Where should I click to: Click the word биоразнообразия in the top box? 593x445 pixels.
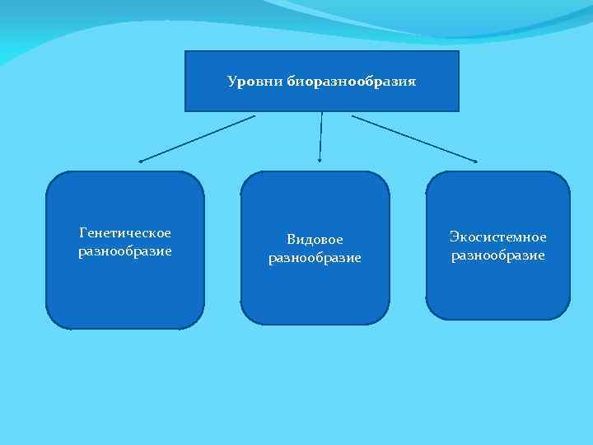[x=352, y=82]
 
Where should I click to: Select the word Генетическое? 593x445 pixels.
[x=125, y=233]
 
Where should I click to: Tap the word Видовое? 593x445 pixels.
[x=315, y=239]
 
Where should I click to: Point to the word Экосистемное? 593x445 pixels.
[x=497, y=237]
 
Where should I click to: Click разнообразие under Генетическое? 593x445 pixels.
[x=125, y=251]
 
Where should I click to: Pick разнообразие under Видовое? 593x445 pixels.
[x=315, y=258]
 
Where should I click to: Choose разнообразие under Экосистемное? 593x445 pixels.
[x=497, y=255]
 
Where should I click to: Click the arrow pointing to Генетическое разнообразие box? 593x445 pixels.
[x=198, y=138]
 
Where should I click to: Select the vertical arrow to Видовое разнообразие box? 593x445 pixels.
[x=320, y=136]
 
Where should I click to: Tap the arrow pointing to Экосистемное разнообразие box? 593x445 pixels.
[x=414, y=138]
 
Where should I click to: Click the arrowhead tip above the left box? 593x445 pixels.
[x=141, y=161]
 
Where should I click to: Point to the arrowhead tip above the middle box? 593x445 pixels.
[x=320, y=160]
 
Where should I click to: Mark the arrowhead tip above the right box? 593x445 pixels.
[x=475, y=160]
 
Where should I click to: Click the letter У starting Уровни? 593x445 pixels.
[x=231, y=82]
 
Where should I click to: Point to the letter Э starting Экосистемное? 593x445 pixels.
[x=454, y=237]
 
